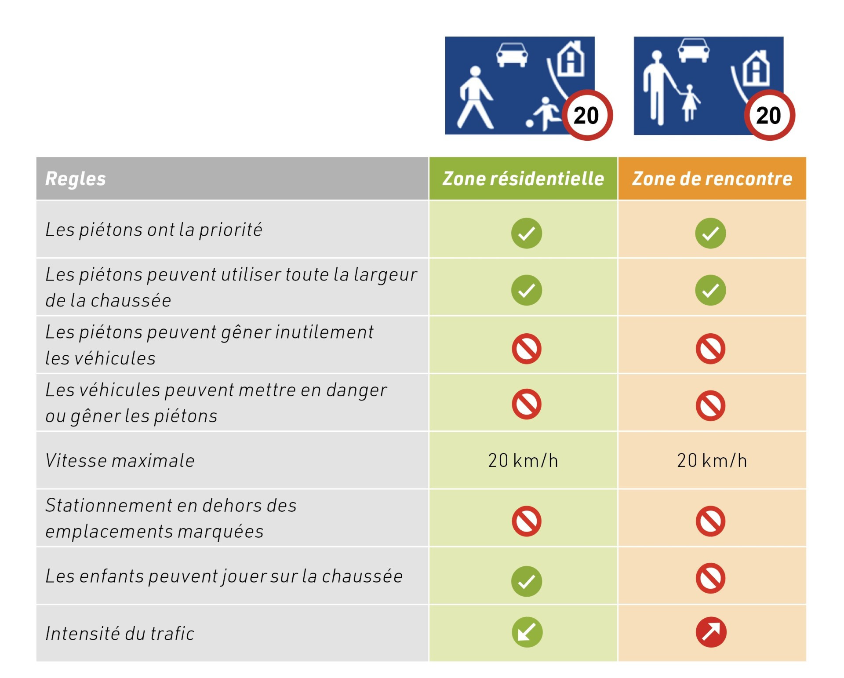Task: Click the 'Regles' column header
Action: click(76, 179)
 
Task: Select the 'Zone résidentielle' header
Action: click(523, 179)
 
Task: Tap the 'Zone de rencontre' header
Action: click(712, 179)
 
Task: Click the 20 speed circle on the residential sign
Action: click(587, 115)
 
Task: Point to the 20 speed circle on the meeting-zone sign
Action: click(769, 115)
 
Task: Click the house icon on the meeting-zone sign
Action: click(756, 68)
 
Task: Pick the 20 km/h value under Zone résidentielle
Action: click(523, 460)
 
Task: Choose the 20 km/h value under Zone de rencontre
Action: click(712, 460)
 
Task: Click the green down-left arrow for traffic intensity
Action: click(527, 632)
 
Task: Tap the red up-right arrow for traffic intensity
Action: click(711, 632)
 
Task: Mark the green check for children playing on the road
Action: click(527, 581)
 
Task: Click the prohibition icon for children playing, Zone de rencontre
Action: click(711, 578)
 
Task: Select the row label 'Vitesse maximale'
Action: click(120, 460)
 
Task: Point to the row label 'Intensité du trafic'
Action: click(120, 634)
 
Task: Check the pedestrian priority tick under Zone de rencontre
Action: click(711, 233)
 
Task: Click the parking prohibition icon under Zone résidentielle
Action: click(527, 521)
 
